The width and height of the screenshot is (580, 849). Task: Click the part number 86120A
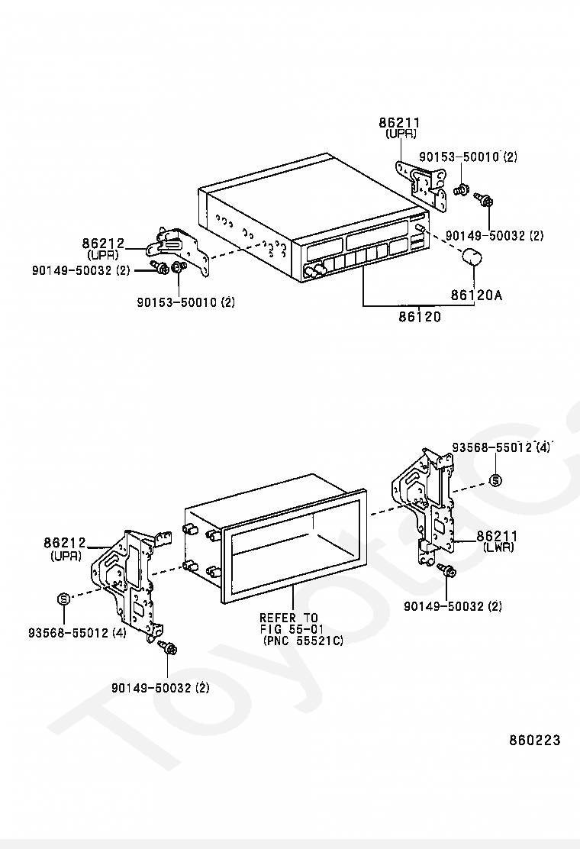[476, 295]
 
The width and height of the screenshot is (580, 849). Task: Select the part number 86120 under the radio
[420, 316]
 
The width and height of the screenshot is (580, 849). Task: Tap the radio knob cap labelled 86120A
[472, 257]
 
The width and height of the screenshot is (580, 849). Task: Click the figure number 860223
[534, 740]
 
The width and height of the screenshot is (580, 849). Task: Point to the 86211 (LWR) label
[497, 541]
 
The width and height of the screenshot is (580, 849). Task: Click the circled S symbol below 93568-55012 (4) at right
[495, 480]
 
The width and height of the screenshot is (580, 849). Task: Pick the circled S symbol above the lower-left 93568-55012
[64, 599]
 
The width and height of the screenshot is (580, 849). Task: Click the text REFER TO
[289, 618]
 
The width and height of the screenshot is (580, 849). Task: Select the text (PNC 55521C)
[303, 641]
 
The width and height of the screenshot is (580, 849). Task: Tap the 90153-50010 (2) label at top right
[469, 157]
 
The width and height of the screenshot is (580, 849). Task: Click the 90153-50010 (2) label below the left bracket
[185, 302]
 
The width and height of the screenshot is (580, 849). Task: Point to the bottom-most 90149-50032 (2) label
[160, 688]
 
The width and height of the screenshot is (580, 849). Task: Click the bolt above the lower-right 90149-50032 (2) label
[447, 570]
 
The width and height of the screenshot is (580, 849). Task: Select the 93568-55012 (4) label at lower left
[77, 632]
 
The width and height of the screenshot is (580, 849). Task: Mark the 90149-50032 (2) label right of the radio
[495, 235]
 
